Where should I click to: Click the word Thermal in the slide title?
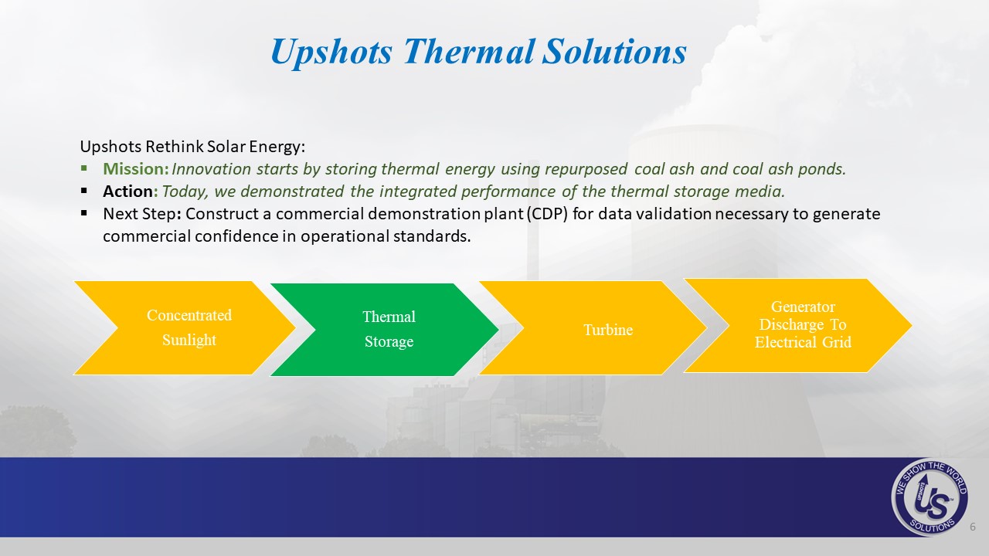[469, 51]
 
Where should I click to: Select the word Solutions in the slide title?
[614, 51]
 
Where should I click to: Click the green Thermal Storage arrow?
[384, 330]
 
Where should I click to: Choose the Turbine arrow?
[593, 328]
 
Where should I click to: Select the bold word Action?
[128, 191]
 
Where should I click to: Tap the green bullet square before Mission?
[84, 168]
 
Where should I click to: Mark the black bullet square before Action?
[84, 191]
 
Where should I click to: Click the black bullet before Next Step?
[84, 213]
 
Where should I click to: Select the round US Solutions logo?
[930, 497]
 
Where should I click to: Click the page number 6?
[972, 527]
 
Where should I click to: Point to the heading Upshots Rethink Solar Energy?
[192, 147]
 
